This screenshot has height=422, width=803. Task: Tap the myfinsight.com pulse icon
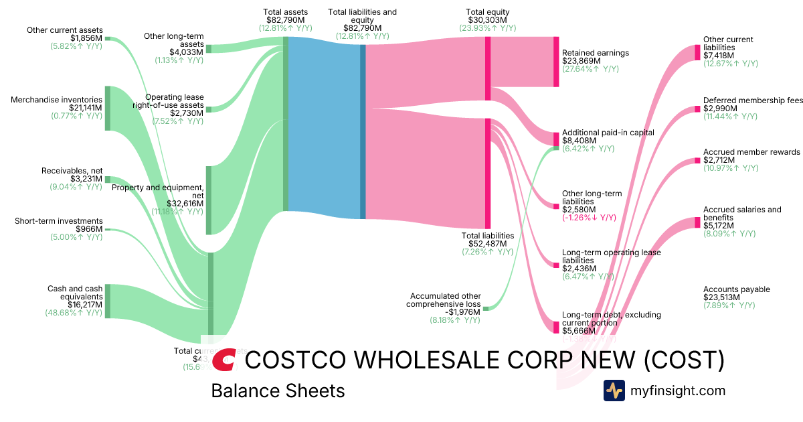point(614,391)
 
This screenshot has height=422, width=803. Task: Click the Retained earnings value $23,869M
point(582,61)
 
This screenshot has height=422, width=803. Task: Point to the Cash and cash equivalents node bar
point(107,301)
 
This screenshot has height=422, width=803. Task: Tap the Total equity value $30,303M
point(488,21)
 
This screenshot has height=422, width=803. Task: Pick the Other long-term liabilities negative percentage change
point(589,218)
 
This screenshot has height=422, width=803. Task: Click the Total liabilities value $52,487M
point(488,244)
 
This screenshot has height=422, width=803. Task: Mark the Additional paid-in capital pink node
point(555,139)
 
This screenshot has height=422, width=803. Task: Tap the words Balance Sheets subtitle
point(278,391)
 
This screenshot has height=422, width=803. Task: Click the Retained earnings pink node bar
point(555,62)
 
